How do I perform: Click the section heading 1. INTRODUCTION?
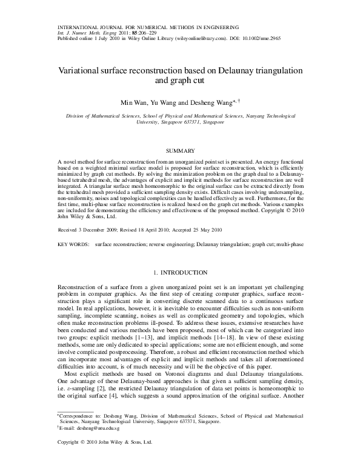click(180, 273)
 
